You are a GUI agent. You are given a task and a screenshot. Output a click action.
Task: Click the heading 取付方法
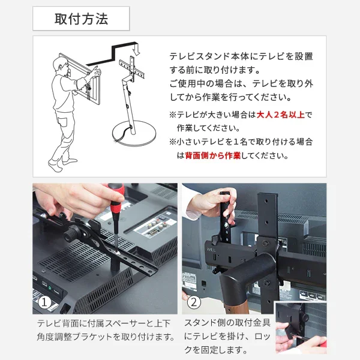point(81,19)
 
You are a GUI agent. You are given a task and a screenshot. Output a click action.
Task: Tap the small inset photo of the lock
point(300,328)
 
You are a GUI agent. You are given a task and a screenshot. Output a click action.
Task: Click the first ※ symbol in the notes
point(172,115)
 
